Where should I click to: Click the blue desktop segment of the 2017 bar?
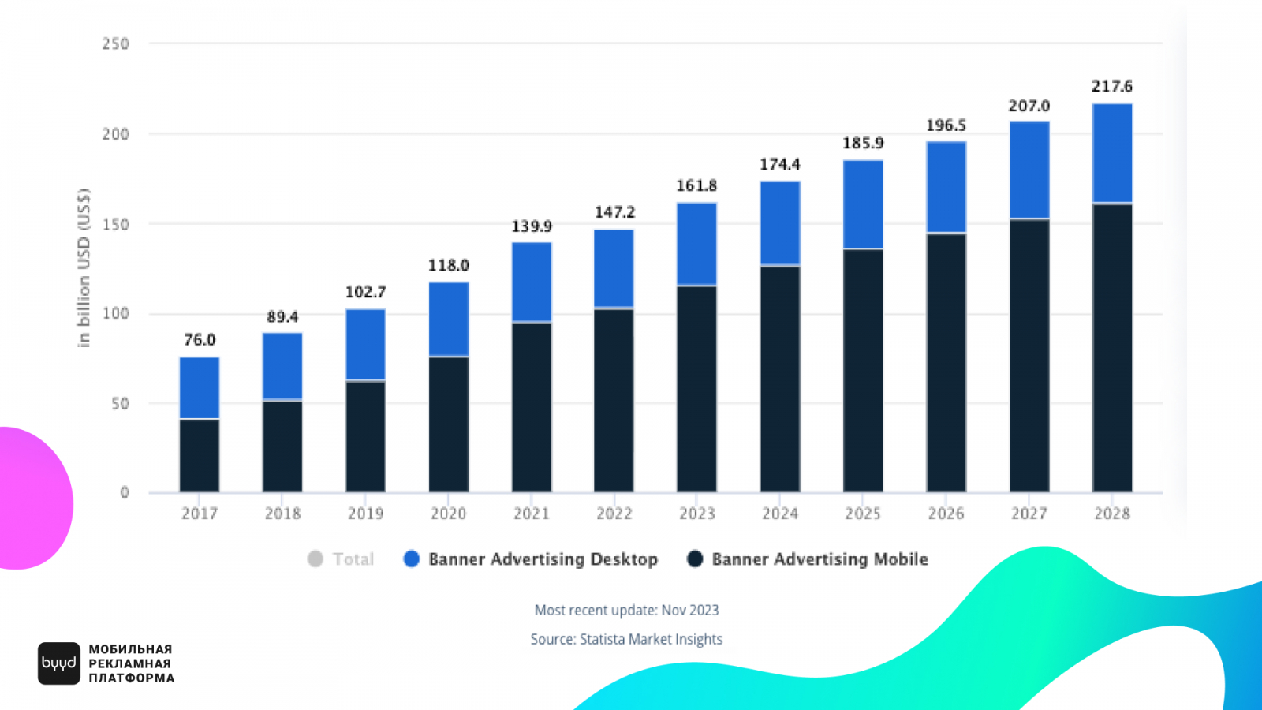tap(200, 387)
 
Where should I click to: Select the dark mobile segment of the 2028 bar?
tap(1112, 347)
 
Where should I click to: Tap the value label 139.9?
tap(532, 226)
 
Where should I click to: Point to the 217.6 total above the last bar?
tap(1112, 86)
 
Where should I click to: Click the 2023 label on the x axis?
tap(697, 514)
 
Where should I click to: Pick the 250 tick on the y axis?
tap(115, 44)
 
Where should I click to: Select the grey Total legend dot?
tap(315, 559)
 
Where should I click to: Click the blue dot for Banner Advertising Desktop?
tap(411, 559)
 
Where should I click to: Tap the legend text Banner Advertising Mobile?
tap(820, 559)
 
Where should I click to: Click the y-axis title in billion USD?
tap(84, 268)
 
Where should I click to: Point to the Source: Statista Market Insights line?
tap(626, 639)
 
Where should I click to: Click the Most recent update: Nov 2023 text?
tap(626, 610)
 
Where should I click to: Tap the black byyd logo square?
tap(59, 663)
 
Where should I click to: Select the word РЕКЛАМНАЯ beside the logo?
tap(130, 663)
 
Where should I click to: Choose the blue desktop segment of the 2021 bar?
tap(532, 282)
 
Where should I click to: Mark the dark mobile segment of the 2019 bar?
tap(365, 436)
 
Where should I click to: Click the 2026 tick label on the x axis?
tap(946, 514)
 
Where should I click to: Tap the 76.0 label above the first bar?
tap(200, 340)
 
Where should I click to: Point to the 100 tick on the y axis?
tap(115, 313)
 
